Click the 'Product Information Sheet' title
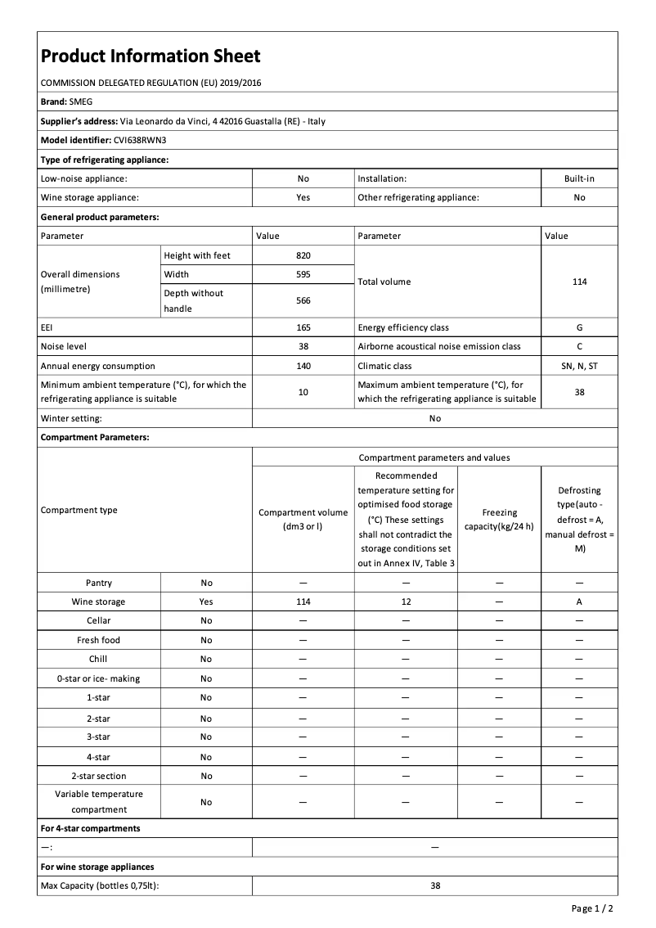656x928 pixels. pyautogui.click(x=151, y=56)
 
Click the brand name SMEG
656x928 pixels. pyautogui.click(x=81, y=102)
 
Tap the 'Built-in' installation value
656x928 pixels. pyautogui.click(x=579, y=178)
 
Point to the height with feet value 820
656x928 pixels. pyautogui.click(x=303, y=255)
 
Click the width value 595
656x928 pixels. pyautogui.click(x=303, y=275)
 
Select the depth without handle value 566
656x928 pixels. pyautogui.click(x=303, y=301)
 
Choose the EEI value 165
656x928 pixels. pyautogui.click(x=303, y=327)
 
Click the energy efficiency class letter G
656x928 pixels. pyautogui.click(x=579, y=327)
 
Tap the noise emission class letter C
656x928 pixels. pyautogui.click(x=579, y=347)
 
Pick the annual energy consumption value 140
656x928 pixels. pyautogui.click(x=303, y=367)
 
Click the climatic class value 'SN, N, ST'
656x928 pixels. pyautogui.click(x=579, y=367)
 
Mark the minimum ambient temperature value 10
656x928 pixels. pyautogui.click(x=303, y=393)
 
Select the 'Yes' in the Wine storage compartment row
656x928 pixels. pyautogui.click(x=206, y=602)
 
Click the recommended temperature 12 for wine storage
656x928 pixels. pyautogui.click(x=406, y=602)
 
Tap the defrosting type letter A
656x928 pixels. pyautogui.click(x=579, y=602)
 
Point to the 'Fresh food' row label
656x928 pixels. pyautogui.click(x=99, y=641)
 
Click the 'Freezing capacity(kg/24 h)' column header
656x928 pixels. pyautogui.click(x=499, y=519)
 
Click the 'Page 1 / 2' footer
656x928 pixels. pyautogui.click(x=592, y=909)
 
